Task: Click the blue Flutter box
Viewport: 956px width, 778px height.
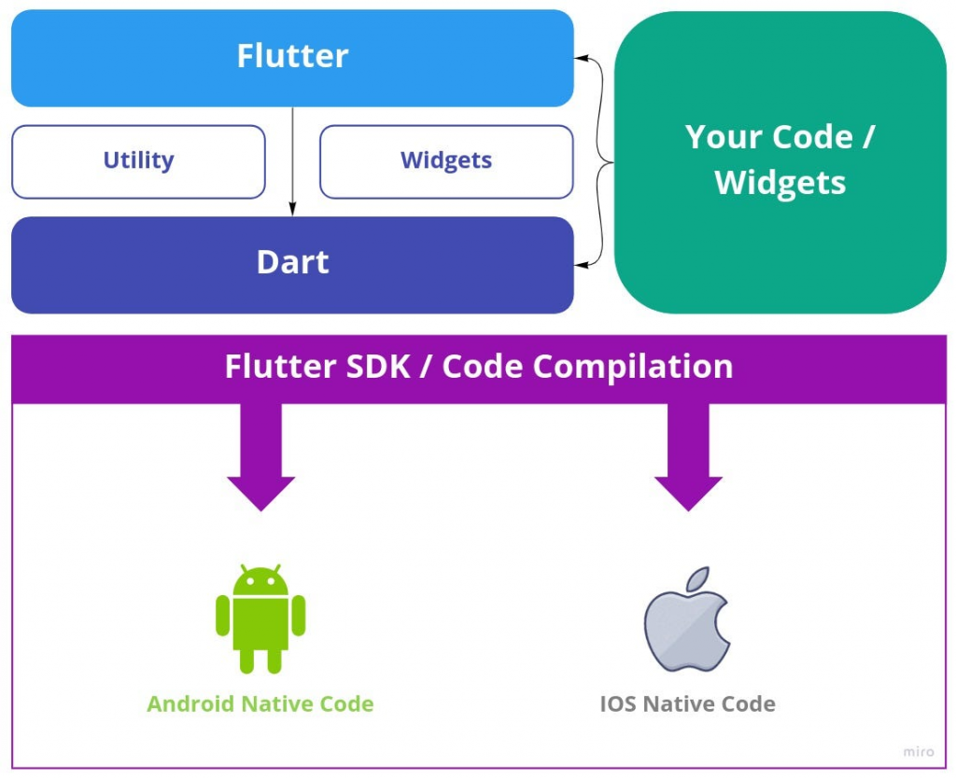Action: pos(292,58)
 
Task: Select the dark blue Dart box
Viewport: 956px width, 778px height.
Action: pos(292,264)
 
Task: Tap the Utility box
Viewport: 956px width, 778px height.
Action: pos(138,161)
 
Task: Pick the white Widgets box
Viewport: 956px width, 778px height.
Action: pos(446,161)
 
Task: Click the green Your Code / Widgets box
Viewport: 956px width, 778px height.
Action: pos(780,160)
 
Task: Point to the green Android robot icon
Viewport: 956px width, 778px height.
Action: pos(260,618)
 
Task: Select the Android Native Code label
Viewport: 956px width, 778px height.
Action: pos(260,703)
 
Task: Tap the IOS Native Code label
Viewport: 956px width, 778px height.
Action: pos(687,703)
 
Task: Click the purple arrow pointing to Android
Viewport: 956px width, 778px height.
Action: pos(261,457)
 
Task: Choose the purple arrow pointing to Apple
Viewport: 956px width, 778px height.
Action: pos(688,457)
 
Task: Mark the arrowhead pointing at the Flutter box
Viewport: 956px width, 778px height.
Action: pos(581,59)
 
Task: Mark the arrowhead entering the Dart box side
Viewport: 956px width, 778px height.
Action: pos(581,266)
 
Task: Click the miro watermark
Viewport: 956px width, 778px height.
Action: pos(918,751)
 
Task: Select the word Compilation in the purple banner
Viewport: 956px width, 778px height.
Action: pos(633,367)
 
